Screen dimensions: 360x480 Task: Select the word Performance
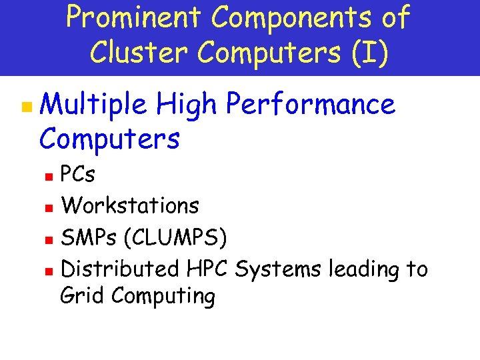point(311,105)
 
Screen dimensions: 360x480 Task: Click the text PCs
point(77,175)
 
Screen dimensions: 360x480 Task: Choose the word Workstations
point(130,205)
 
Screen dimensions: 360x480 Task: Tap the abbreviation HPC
point(208,269)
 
